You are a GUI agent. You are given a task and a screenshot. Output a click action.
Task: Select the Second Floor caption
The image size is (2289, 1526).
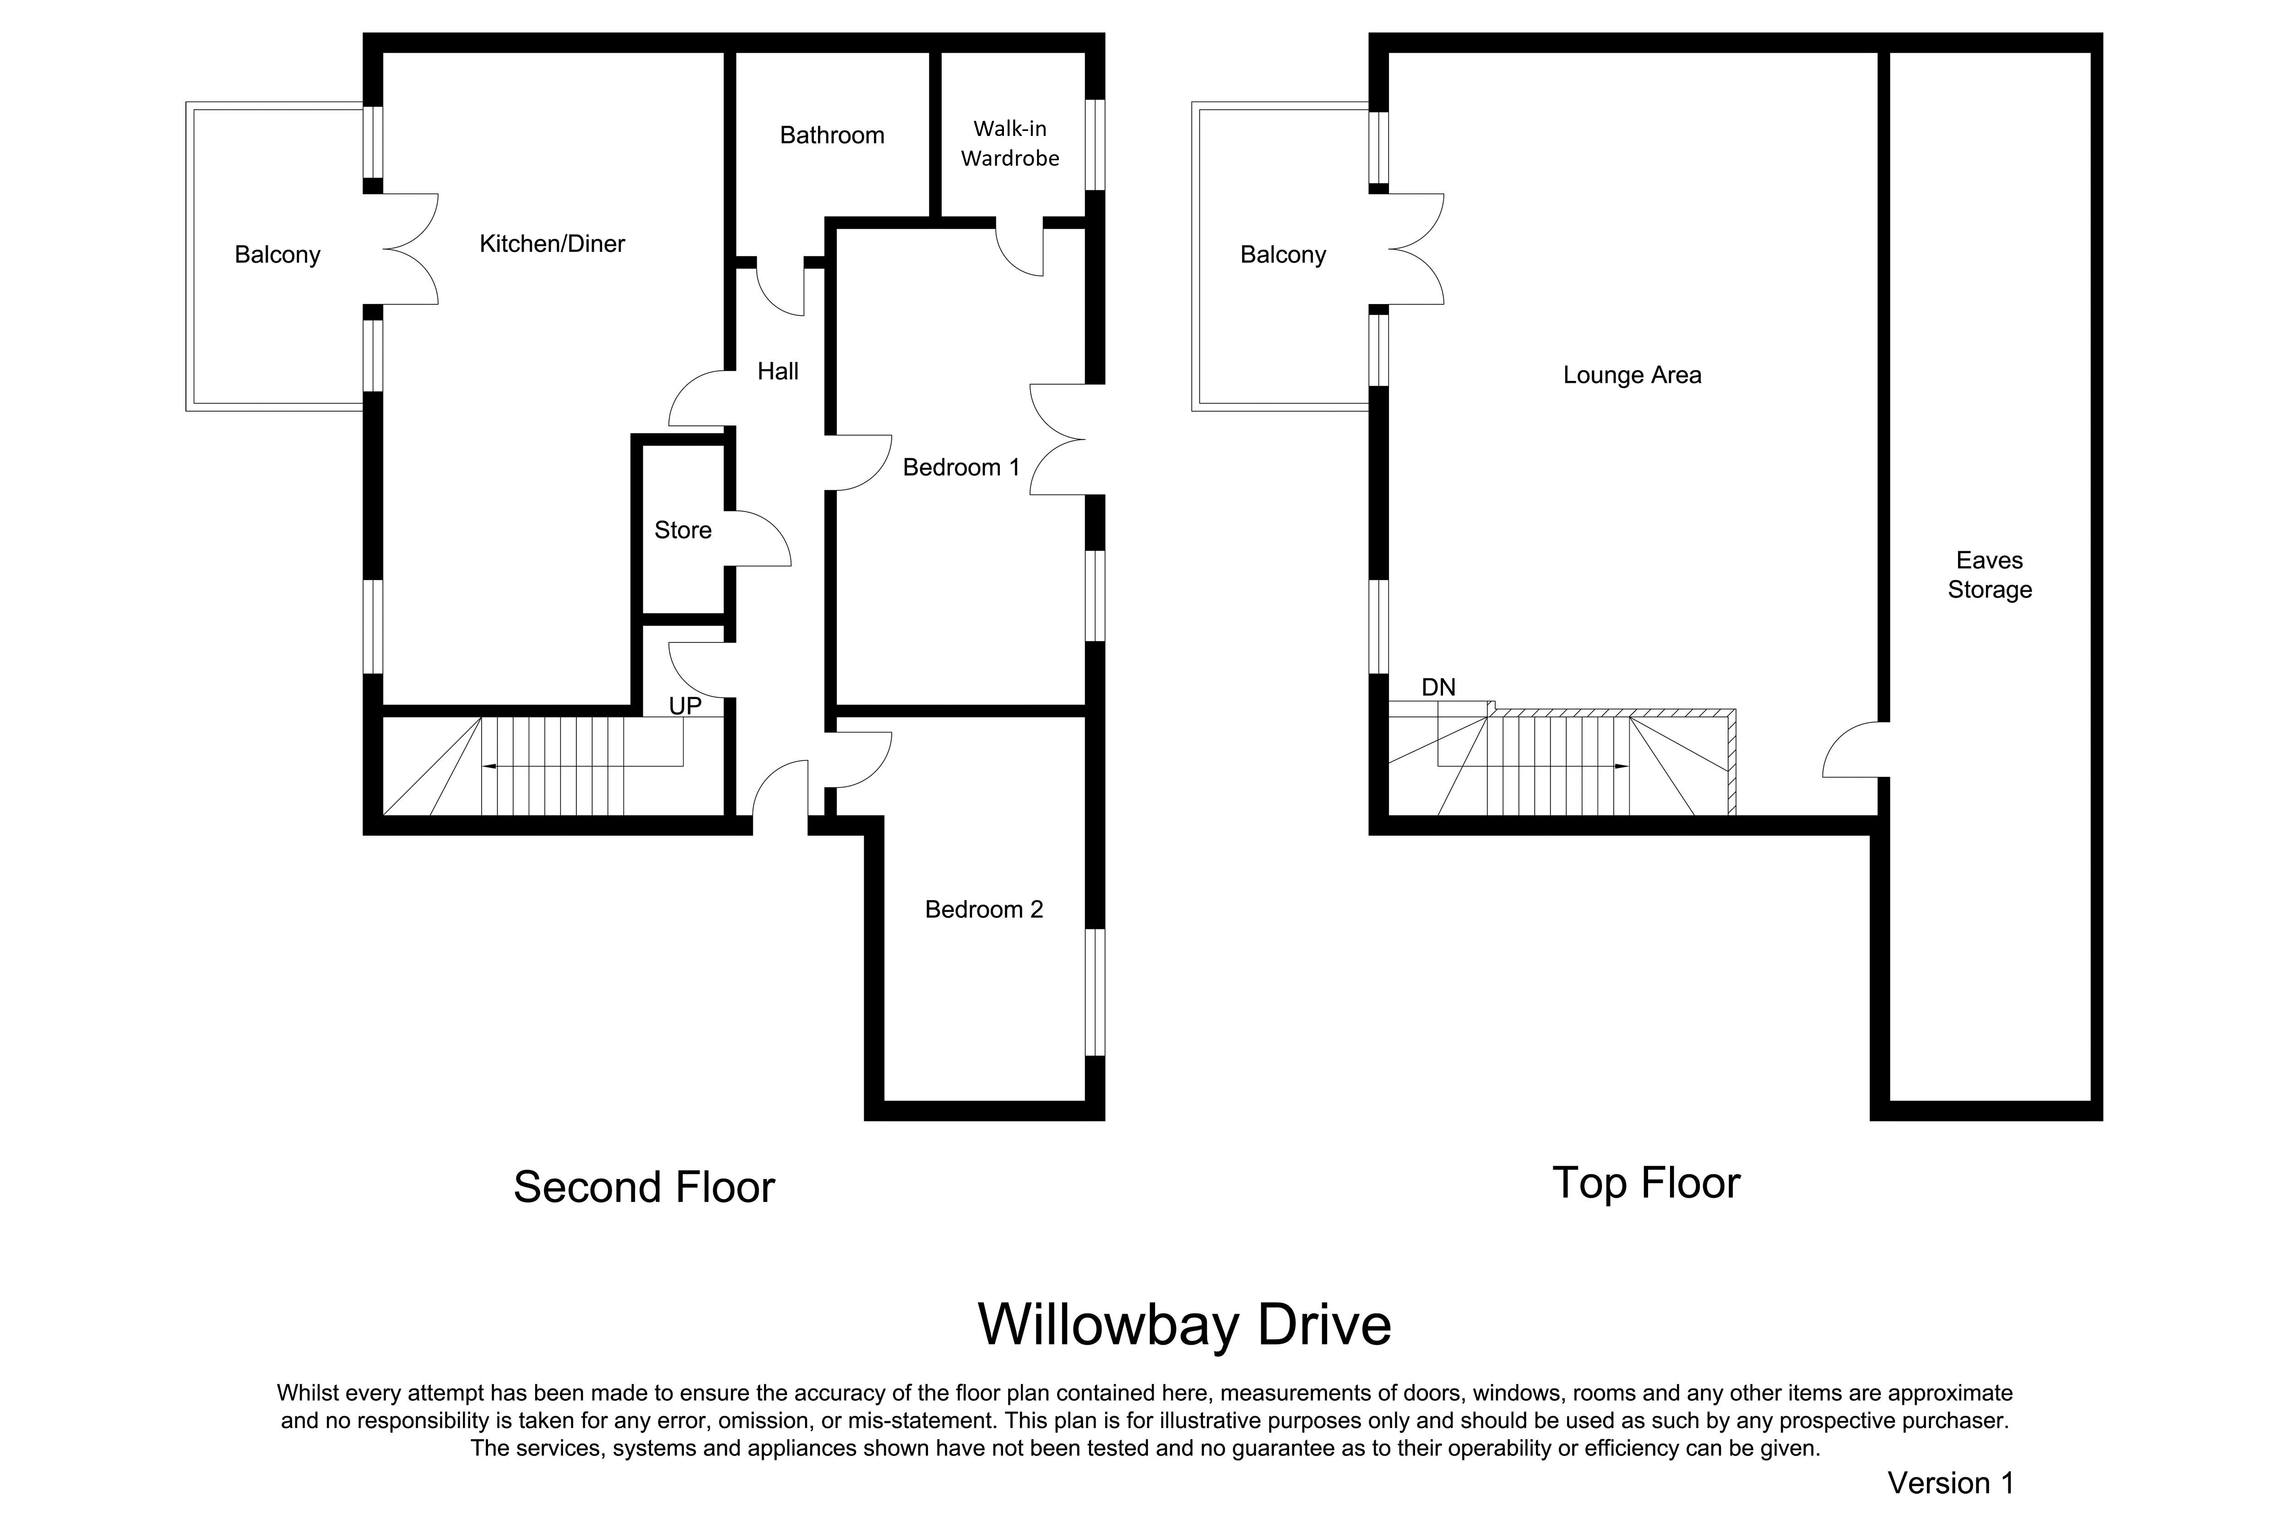point(644,1187)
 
